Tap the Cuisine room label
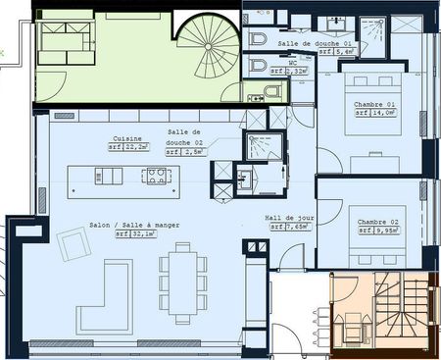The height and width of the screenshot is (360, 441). (x=128, y=138)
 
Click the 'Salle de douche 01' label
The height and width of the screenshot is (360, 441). (x=316, y=45)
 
